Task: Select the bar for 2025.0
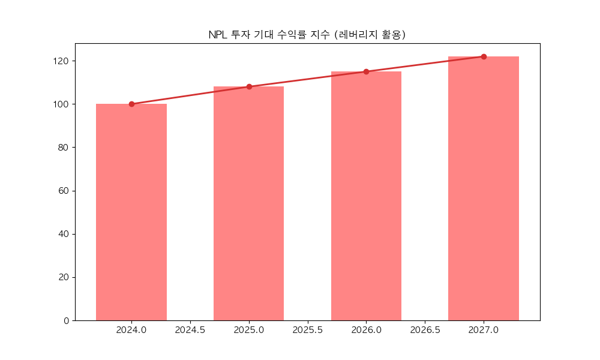click(x=249, y=203)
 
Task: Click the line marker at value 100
click(x=131, y=104)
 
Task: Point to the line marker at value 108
click(x=249, y=86)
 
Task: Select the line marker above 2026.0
click(x=366, y=71)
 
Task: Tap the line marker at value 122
click(x=484, y=56)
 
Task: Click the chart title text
click(x=307, y=35)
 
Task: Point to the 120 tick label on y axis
click(x=61, y=61)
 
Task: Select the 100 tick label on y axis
click(x=61, y=104)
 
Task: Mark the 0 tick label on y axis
click(x=66, y=320)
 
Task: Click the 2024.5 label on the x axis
click(x=190, y=331)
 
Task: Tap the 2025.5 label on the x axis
click(x=308, y=331)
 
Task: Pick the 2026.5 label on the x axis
click(x=425, y=331)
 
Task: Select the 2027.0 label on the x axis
click(x=484, y=331)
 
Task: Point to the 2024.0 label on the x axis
click(x=131, y=331)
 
